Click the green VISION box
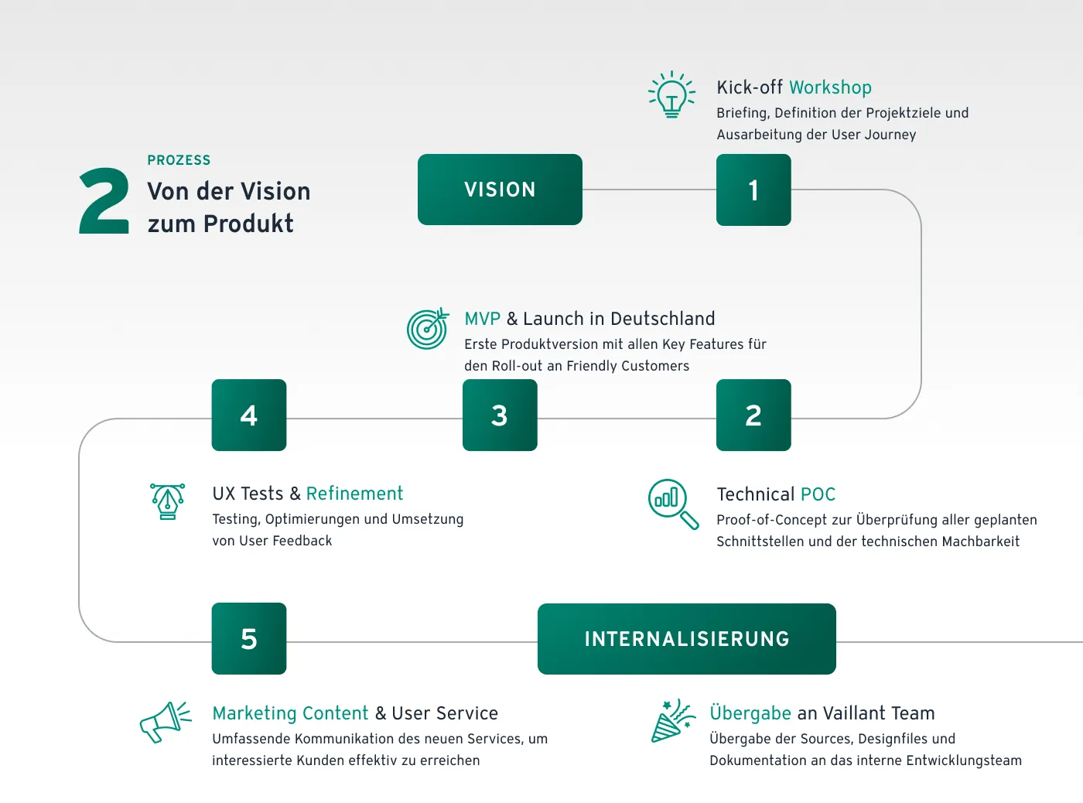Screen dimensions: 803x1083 point(500,190)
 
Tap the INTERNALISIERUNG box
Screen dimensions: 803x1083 point(686,639)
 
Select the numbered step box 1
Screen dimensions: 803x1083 point(753,190)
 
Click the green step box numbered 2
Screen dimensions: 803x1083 point(753,415)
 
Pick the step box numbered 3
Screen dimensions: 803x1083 point(500,415)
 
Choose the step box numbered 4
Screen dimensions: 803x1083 point(249,415)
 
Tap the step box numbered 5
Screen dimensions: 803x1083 point(249,639)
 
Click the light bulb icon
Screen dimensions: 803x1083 point(671,94)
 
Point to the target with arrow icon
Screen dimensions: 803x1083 point(428,328)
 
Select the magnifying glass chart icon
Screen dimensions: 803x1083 point(672,503)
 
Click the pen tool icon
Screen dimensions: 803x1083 point(168,501)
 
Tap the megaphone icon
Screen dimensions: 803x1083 point(165,722)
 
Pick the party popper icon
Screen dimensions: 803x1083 point(671,720)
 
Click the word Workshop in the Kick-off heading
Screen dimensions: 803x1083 point(830,87)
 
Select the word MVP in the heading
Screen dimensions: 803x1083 point(483,319)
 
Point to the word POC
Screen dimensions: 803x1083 point(818,494)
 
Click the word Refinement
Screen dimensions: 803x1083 point(354,494)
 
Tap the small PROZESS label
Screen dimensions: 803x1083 point(179,160)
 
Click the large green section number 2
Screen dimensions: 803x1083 point(104,201)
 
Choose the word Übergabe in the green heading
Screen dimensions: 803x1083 point(750,713)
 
